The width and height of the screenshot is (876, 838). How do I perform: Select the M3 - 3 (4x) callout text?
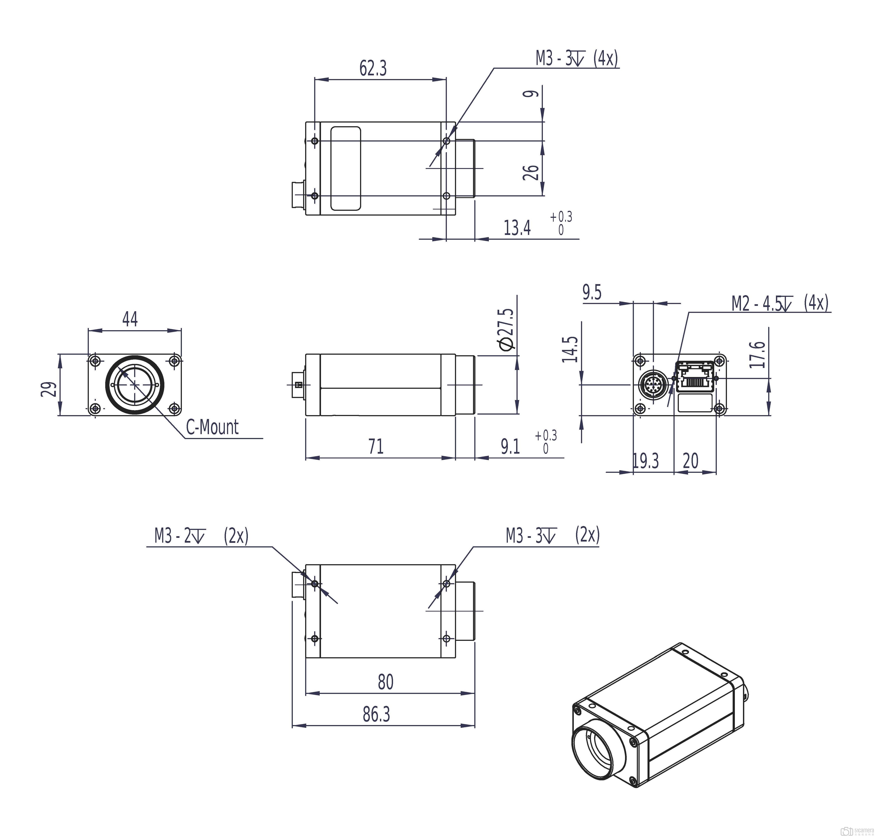(577, 59)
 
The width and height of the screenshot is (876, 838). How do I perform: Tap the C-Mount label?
(212, 427)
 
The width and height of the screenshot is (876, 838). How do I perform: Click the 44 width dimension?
(130, 319)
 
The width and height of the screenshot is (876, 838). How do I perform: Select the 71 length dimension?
(376, 446)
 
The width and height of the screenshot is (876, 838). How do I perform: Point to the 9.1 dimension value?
(510, 446)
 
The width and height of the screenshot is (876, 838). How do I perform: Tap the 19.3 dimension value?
(645, 460)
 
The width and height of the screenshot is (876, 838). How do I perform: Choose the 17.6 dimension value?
(757, 354)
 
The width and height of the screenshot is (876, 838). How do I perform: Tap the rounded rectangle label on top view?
(345, 168)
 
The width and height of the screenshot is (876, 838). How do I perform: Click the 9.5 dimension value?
(592, 293)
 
